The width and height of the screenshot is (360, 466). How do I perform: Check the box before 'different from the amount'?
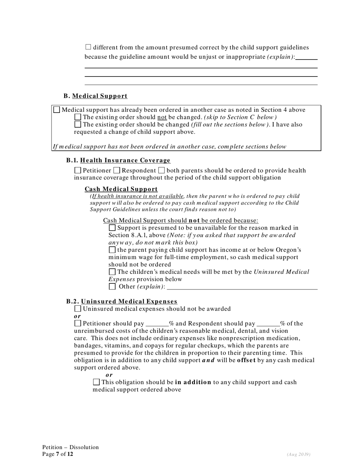(x=88, y=47)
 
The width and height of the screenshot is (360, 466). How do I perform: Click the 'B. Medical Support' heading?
(x=95, y=96)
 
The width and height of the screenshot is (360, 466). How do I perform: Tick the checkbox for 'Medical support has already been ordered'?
(x=56, y=110)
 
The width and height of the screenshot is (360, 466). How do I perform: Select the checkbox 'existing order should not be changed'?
(x=78, y=117)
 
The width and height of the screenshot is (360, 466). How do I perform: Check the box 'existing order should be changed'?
(x=78, y=124)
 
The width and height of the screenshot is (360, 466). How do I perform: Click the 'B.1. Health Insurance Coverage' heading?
(x=118, y=160)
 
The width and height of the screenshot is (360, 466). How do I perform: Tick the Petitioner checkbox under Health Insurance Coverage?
(x=78, y=170)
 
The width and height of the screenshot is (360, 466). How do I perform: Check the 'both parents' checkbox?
(x=161, y=170)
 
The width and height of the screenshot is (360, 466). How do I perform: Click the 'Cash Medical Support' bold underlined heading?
(x=121, y=189)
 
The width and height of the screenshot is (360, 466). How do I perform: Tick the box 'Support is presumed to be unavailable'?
(x=112, y=228)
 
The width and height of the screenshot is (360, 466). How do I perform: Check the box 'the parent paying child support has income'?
(x=112, y=250)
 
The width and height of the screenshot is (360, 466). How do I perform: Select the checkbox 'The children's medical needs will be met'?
(x=112, y=272)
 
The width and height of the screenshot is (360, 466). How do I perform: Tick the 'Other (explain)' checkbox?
(x=112, y=286)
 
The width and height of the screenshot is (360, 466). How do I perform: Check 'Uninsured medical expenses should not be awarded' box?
(x=78, y=309)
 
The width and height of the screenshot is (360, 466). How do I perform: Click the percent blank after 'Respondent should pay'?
(x=268, y=324)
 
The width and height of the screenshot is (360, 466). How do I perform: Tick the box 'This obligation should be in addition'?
(x=96, y=382)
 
